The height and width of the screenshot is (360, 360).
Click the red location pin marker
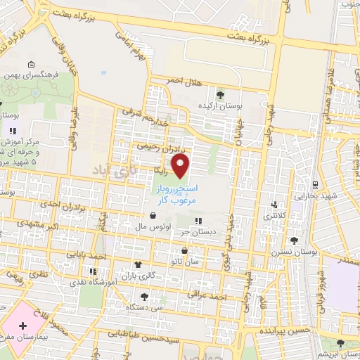[181, 167]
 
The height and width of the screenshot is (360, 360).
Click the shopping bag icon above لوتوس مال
[153, 217]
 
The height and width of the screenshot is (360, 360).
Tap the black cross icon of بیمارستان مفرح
[24, 326]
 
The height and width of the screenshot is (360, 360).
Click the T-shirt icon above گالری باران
[137, 265]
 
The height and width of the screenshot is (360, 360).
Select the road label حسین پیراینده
[283, 330]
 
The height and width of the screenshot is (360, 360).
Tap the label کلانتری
[275, 216]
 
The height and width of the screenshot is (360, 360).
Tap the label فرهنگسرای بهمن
[28, 73]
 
